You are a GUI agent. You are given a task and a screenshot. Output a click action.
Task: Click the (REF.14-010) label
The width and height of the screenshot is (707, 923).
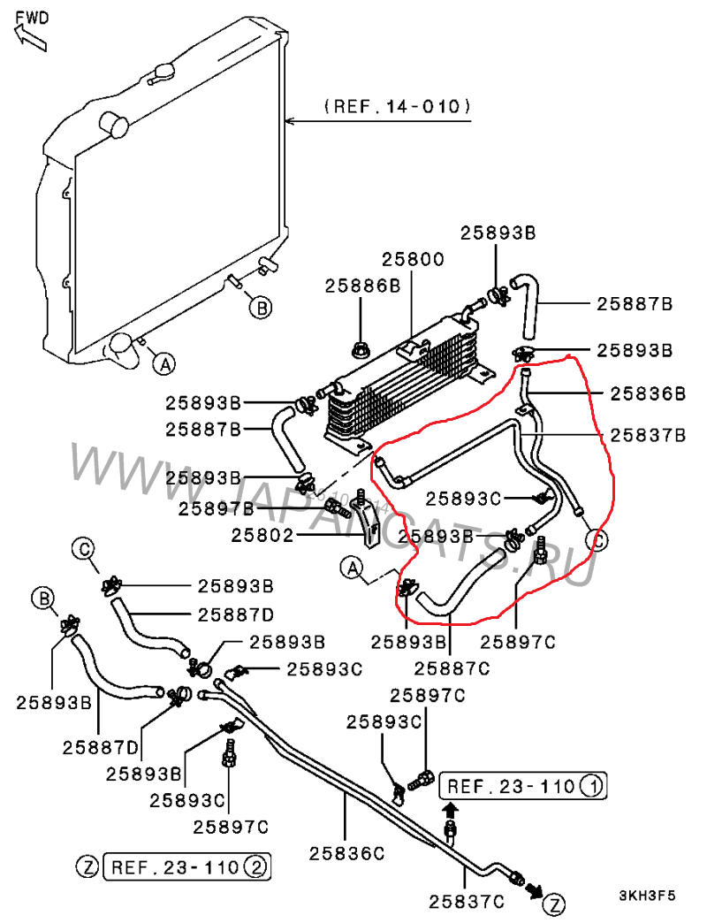[x=397, y=107]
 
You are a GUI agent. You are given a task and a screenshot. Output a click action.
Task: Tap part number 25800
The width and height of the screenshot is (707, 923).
[x=413, y=260]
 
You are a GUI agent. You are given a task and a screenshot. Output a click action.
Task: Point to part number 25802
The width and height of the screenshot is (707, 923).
[x=262, y=534]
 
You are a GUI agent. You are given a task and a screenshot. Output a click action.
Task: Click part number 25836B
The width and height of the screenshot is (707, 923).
[x=648, y=393]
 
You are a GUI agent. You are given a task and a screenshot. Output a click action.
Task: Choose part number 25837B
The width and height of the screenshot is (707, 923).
[x=648, y=435]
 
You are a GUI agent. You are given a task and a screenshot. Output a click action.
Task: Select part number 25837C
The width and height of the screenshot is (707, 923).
[x=467, y=902]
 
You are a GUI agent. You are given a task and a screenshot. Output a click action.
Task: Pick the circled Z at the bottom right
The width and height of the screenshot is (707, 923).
[x=554, y=904]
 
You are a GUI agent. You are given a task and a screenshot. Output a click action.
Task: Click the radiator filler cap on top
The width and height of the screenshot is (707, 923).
[x=163, y=71]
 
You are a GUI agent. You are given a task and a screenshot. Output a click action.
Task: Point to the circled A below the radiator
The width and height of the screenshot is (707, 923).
[x=163, y=362]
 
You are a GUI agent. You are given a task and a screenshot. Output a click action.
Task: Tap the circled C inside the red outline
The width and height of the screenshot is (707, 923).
[x=597, y=538]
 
